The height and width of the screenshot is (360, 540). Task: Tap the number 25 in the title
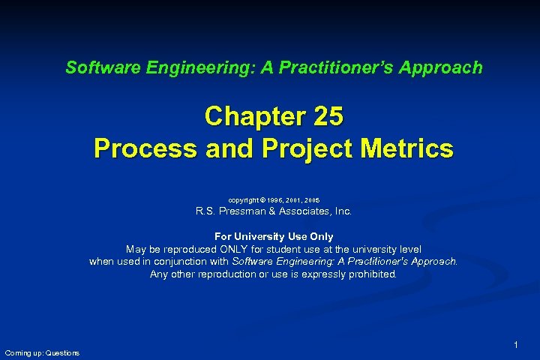click(326, 117)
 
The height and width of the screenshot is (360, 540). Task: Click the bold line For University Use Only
click(274, 237)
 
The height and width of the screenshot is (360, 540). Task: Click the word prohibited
click(370, 274)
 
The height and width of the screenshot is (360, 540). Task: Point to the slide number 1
click(516, 344)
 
